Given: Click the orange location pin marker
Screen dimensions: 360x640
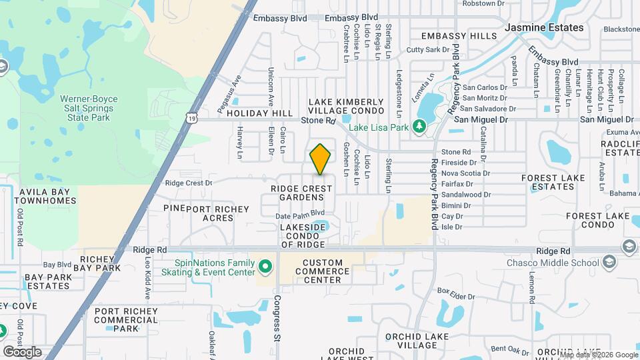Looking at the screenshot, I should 320,159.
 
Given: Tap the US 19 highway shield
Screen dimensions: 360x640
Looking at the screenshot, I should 191,117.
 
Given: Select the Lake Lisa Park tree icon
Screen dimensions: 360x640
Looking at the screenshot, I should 419,126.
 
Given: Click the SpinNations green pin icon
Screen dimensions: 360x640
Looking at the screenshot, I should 265,267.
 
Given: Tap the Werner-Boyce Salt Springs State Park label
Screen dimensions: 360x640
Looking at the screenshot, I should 85,108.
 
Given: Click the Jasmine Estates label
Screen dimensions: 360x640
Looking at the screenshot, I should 544,28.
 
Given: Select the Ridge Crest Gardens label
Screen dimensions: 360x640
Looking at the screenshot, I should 301,193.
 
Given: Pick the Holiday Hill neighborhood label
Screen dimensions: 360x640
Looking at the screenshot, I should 260,114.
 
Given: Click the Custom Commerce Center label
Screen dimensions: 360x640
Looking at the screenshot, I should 322,271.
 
